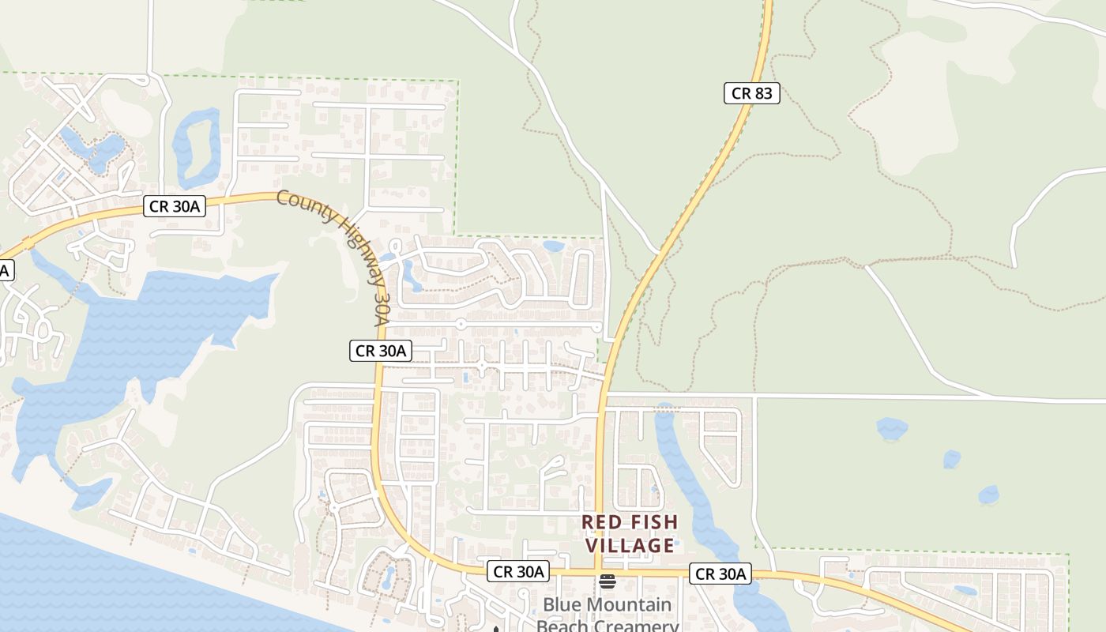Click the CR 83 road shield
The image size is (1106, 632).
[751, 93]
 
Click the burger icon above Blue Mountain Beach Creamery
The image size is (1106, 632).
[607, 582]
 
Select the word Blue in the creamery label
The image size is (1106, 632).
[562, 606]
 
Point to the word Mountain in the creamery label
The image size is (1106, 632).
[629, 606]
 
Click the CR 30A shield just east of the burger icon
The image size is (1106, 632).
[719, 574]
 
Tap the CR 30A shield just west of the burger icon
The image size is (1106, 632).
[517, 571]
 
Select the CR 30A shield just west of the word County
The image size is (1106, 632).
[175, 207]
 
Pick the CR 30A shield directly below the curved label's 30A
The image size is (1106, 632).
[380, 351]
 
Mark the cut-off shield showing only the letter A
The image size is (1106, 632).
[4, 270]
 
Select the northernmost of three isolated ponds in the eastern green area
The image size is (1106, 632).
[892, 428]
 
